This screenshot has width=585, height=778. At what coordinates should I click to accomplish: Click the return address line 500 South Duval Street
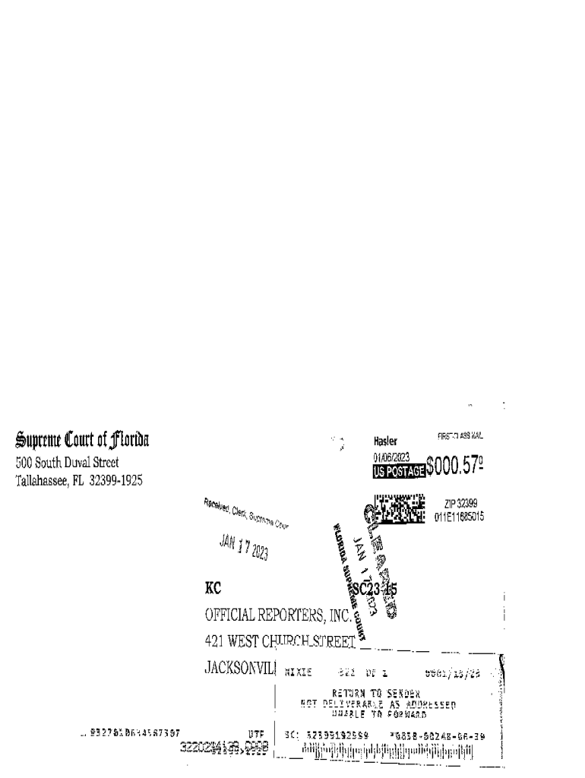(x=67, y=462)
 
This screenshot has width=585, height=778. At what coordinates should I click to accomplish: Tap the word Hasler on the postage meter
(x=387, y=441)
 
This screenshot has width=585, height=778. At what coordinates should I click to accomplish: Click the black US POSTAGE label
(x=398, y=471)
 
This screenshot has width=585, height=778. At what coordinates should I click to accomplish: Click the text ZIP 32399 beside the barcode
(x=460, y=504)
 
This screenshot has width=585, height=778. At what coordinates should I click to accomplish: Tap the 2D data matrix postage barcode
(x=398, y=508)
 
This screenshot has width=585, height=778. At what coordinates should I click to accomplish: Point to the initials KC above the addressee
(x=213, y=589)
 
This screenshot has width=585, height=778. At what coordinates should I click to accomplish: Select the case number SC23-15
(x=374, y=589)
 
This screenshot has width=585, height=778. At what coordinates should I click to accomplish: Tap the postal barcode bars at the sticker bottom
(x=387, y=753)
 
